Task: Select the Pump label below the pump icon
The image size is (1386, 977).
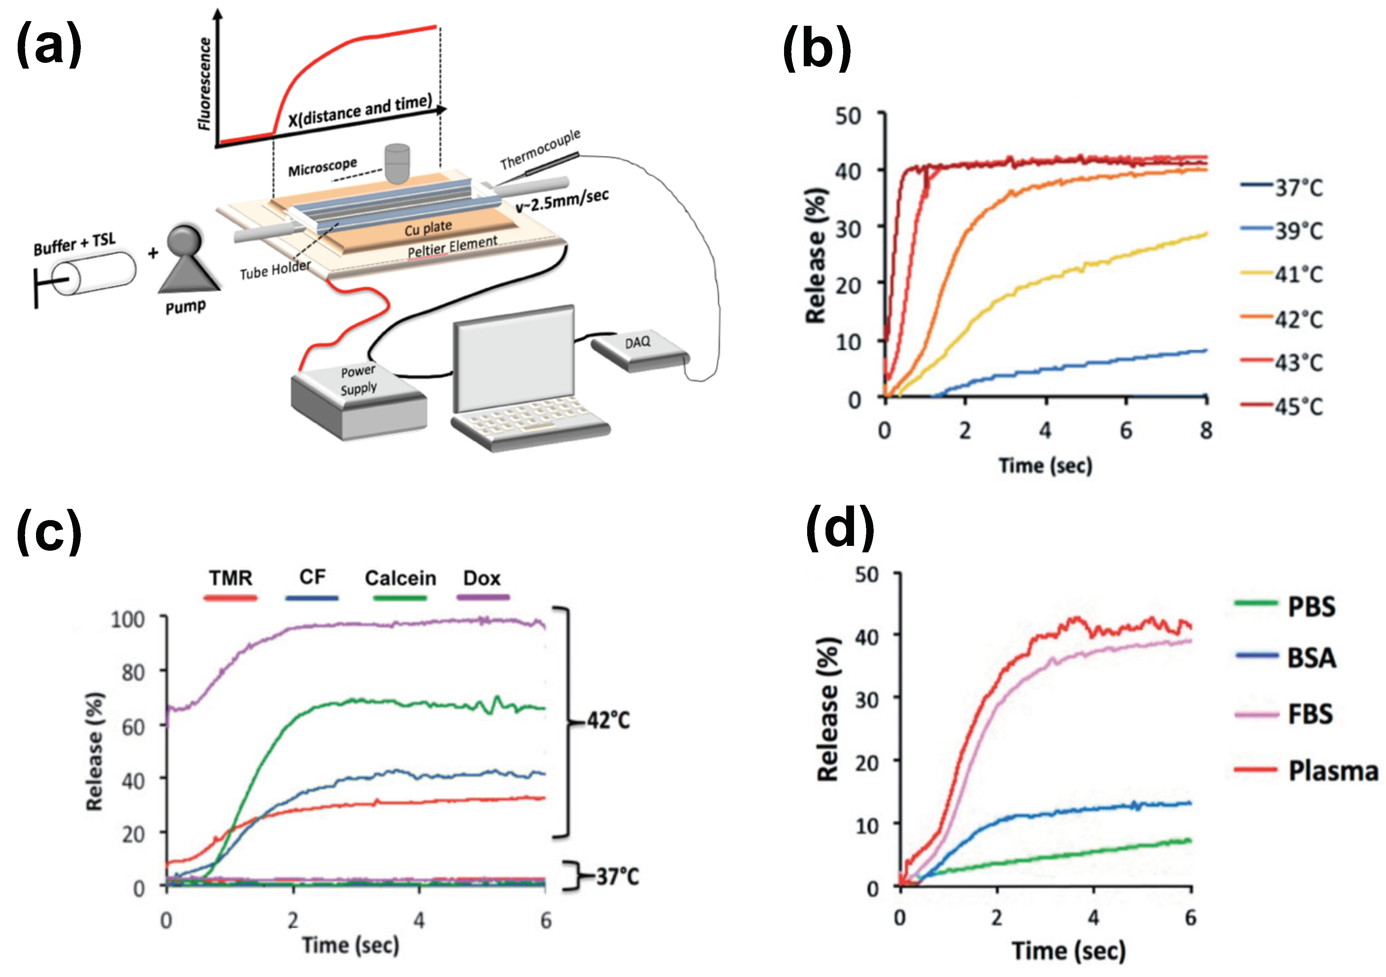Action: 185,307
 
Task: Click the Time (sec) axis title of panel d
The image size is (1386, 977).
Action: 1068,951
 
